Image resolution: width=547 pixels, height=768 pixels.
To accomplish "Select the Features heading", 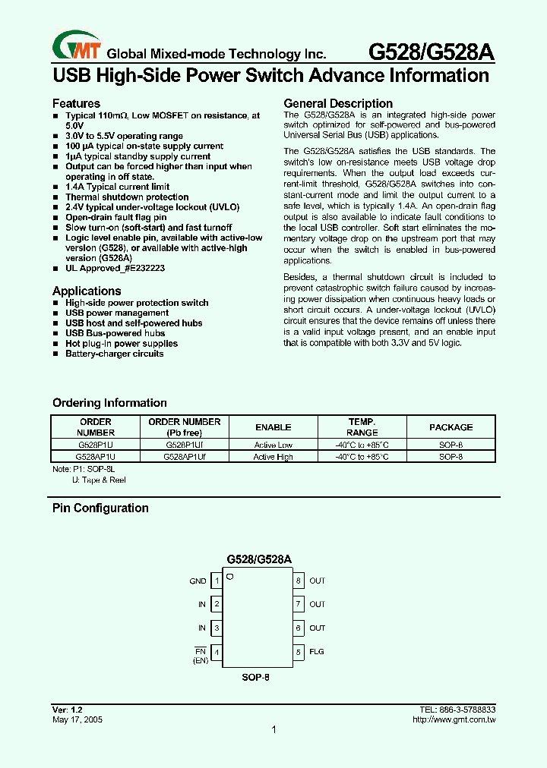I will (76, 103).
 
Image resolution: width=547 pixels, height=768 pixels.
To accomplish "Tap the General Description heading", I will (338, 103).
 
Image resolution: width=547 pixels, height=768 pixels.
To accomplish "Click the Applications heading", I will (87, 291).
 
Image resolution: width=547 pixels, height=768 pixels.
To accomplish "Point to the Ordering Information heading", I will (109, 403).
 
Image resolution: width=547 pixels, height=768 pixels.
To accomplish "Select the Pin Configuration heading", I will (100, 508).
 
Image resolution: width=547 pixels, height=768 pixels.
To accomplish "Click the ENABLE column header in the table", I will (273, 427).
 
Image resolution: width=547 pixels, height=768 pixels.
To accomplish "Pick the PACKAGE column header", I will (451, 427).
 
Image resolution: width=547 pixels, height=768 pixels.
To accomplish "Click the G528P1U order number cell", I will (95, 445).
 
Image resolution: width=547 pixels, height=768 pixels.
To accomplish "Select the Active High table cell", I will (273, 457).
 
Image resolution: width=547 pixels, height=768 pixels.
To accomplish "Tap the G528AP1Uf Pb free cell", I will (184, 457).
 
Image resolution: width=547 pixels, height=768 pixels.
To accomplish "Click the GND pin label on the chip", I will (198, 581).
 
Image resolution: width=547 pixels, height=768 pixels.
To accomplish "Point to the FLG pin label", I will (317, 652).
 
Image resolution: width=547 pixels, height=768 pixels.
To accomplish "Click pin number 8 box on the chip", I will (299, 581).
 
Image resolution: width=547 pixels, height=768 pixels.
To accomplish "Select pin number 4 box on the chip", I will (217, 652).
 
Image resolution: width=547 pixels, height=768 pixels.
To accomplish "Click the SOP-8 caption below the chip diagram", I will (257, 677).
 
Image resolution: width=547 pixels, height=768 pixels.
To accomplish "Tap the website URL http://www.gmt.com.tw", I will (453, 719).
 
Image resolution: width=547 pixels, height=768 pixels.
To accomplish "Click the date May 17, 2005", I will (77, 719).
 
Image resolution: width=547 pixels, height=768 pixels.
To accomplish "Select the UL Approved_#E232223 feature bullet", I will (115, 269).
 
